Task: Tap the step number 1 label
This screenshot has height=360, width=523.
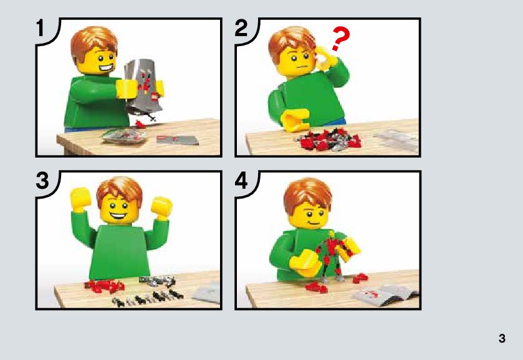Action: [x=41, y=27]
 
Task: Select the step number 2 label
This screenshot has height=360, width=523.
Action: [x=241, y=28]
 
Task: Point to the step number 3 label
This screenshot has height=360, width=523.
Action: [x=42, y=181]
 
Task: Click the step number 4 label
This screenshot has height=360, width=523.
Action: [x=241, y=181]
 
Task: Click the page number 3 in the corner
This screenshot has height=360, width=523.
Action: [x=502, y=338]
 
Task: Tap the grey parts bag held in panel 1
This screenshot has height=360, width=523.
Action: [x=143, y=87]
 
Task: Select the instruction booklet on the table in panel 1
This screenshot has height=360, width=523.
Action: [x=178, y=140]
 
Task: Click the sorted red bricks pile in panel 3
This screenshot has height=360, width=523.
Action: [x=104, y=286]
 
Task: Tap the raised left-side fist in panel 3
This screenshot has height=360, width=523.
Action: [x=80, y=199]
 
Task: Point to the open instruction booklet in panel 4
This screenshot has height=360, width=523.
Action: [x=385, y=294]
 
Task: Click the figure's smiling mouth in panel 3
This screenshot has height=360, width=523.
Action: [x=118, y=216]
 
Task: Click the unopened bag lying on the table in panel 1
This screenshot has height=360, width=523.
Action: [x=124, y=136]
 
